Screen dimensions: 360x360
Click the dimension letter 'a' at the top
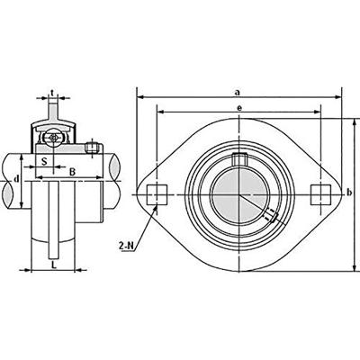coord(237,91)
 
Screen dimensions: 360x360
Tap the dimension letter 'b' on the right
coord(349,193)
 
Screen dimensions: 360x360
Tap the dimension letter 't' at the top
coord(53,91)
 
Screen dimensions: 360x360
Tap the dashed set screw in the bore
coord(266,216)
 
